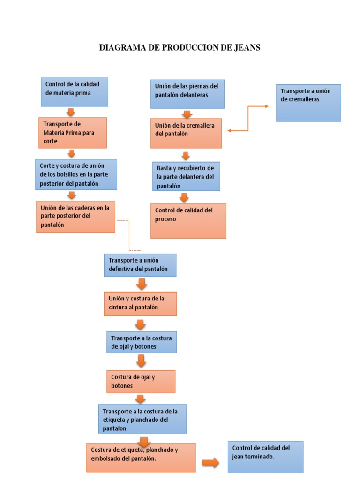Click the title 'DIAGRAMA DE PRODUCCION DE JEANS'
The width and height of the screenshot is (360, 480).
[x=180, y=47]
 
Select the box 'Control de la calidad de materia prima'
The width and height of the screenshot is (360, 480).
[x=75, y=92]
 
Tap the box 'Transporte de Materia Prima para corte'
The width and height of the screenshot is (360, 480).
[x=73, y=133]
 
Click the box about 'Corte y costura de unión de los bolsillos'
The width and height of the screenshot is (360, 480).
[x=76, y=174]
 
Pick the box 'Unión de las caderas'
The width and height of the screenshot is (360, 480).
[x=75, y=217]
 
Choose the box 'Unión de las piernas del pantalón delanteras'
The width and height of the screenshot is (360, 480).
[x=187, y=94]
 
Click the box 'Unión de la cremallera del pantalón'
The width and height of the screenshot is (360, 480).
[x=186, y=133]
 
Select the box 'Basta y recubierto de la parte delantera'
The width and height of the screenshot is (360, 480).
[x=186, y=176]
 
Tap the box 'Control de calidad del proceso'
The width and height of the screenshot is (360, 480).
[x=188, y=220]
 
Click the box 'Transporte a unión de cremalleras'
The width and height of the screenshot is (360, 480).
[x=308, y=103]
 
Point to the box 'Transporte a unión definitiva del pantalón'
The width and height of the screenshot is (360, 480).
[x=140, y=265]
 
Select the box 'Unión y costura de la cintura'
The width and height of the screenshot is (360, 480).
[x=140, y=303]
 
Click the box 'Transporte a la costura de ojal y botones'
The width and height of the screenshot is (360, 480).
[x=142, y=342]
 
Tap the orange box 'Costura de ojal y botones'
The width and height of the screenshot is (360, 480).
[x=141, y=382]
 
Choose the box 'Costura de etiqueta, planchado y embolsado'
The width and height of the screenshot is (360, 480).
[x=141, y=457]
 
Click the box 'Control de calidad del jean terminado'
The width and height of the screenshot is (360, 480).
[x=265, y=457]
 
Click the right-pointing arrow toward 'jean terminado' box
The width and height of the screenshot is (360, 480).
[x=211, y=463]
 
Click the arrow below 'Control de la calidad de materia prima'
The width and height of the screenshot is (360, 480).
[x=71, y=112]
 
